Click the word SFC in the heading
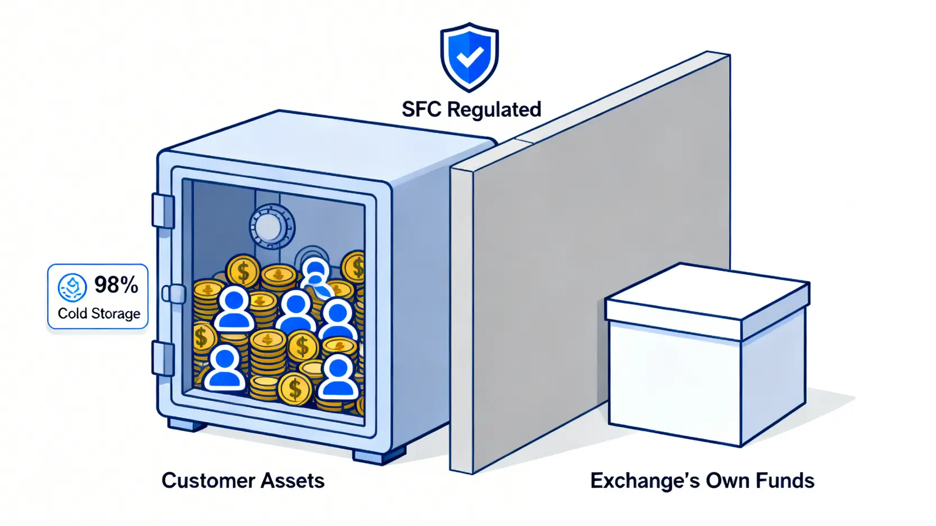(421, 109)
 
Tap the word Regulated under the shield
(494, 109)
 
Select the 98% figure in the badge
(116, 285)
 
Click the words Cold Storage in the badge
(99, 313)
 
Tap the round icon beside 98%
(72, 287)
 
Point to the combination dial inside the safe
(272, 226)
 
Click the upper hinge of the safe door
(163, 211)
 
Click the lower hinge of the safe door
(163, 358)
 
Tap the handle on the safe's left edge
(174, 294)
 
